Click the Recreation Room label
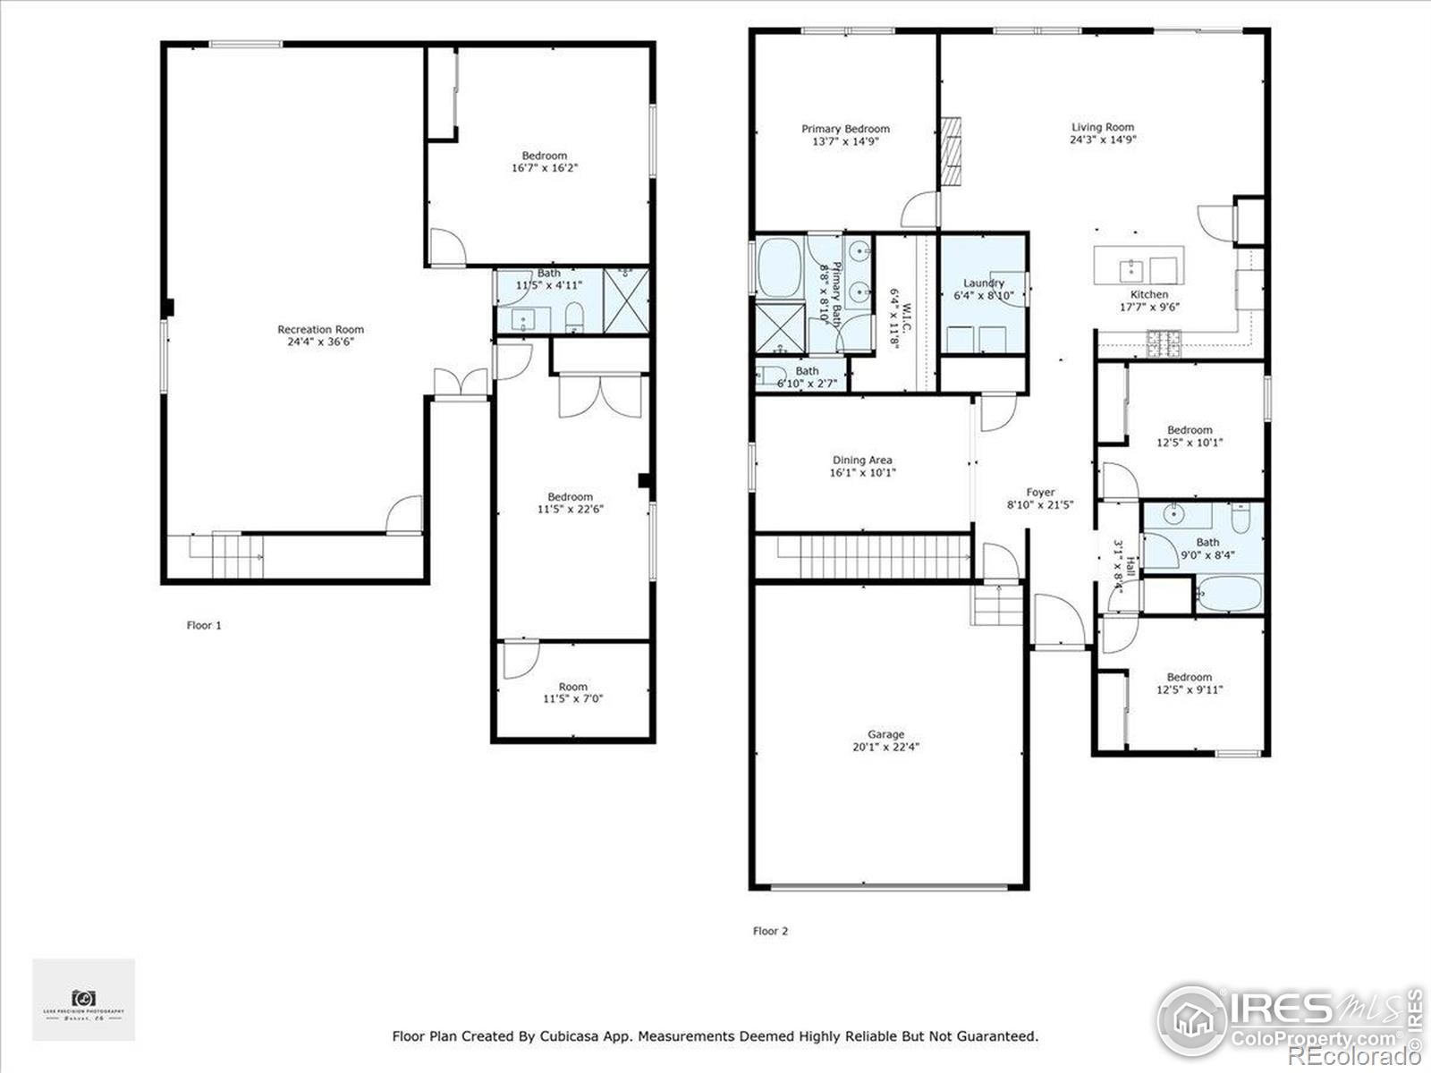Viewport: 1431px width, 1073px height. click(x=320, y=329)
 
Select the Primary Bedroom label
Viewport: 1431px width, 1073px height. click(x=845, y=129)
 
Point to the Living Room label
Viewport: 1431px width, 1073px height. click(x=1103, y=127)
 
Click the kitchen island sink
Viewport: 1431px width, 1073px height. click(x=1130, y=266)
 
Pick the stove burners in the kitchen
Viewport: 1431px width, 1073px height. click(x=1164, y=340)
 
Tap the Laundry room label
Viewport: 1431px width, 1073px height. click(x=983, y=283)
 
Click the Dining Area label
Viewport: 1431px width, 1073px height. click(x=862, y=460)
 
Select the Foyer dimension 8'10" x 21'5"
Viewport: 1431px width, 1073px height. click(x=1040, y=504)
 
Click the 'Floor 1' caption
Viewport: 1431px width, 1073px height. click(x=204, y=625)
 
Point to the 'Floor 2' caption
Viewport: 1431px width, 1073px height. click(x=770, y=931)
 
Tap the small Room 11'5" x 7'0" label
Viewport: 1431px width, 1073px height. click(x=573, y=687)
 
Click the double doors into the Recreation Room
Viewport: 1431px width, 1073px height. click(x=461, y=384)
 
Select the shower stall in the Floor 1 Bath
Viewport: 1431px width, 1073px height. click(x=626, y=300)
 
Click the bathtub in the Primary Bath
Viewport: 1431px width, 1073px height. click(x=780, y=266)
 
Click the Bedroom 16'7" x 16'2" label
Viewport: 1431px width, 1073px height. click(x=545, y=156)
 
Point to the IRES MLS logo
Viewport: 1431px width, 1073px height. click(x=1288, y=1020)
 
